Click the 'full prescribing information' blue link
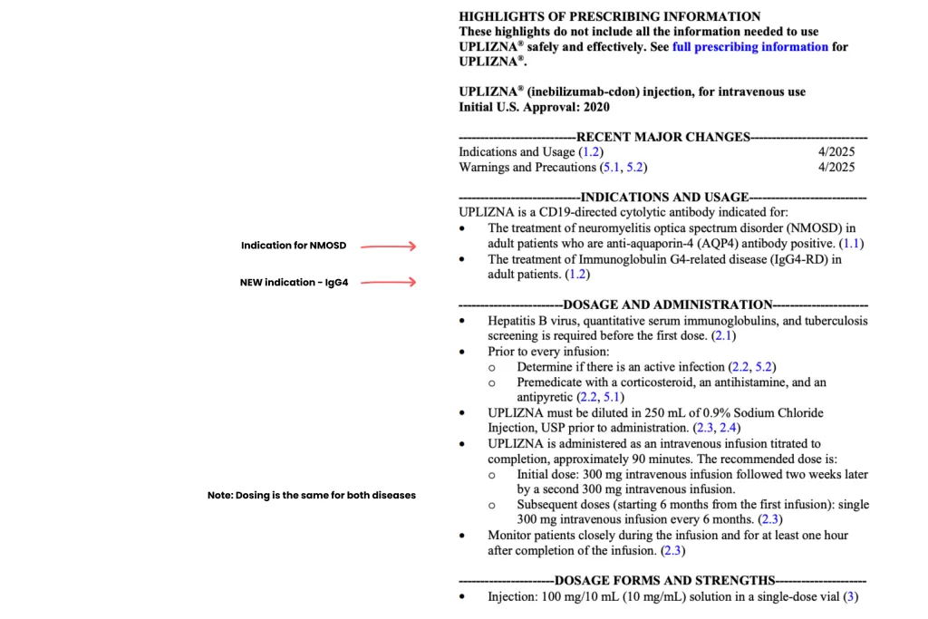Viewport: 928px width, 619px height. click(749, 46)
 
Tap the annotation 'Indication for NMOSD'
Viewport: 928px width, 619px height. click(294, 246)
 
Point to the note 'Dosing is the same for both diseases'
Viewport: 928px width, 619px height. click(311, 496)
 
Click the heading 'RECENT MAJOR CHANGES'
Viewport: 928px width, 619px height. click(663, 137)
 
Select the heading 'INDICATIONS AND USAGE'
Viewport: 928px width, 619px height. click(664, 197)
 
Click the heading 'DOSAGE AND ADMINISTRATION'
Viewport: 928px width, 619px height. click(667, 305)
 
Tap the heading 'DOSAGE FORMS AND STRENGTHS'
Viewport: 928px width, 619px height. click(664, 581)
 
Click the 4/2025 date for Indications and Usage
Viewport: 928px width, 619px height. click(836, 152)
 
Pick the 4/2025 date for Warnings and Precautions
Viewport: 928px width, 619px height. click(836, 167)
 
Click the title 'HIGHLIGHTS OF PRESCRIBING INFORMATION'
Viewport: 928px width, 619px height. click(610, 16)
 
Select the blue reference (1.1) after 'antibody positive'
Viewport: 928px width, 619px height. click(852, 244)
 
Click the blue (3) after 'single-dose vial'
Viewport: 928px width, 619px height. click(849, 596)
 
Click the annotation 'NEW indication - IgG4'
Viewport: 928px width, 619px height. click(294, 282)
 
